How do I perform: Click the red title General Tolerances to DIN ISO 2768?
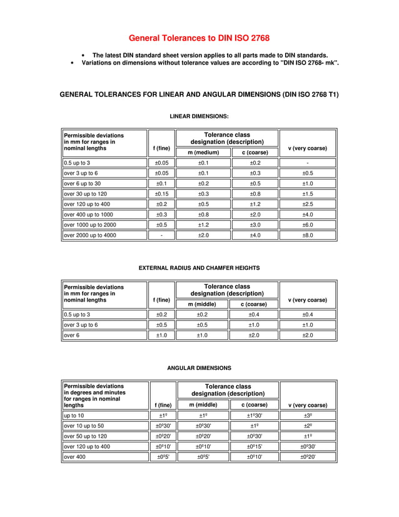[x=199, y=38]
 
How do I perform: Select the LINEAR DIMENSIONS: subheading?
[x=199, y=116]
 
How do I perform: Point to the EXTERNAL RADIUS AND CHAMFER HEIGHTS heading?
[x=199, y=268]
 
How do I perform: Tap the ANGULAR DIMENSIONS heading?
[x=199, y=368]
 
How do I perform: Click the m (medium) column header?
[x=203, y=152]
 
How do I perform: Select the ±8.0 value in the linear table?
[x=308, y=235]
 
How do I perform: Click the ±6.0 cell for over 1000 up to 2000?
[x=308, y=225]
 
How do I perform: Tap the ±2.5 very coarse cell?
[x=308, y=204]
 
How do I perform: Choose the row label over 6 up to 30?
[x=83, y=183]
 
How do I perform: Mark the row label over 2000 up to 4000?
[x=90, y=235]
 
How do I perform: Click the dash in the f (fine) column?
[x=162, y=235]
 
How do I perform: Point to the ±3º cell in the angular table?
[x=308, y=416]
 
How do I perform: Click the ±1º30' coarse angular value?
[x=255, y=416]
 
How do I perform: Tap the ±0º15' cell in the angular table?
[x=255, y=446]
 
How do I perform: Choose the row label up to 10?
[x=74, y=416]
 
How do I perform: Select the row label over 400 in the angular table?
[x=75, y=457]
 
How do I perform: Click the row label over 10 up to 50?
[x=84, y=426]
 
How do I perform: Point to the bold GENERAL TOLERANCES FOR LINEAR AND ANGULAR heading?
[x=199, y=95]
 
